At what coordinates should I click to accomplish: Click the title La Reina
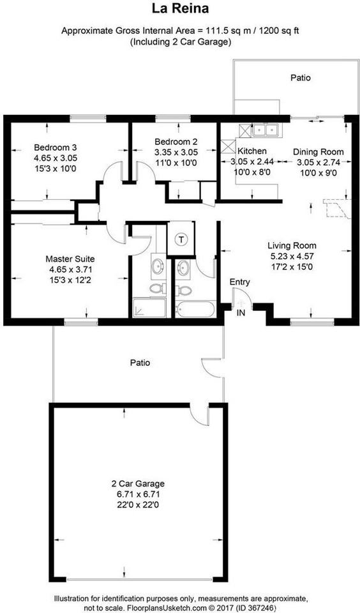pyautogui.click(x=179, y=9)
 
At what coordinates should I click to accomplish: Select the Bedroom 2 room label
pyautogui.click(x=176, y=142)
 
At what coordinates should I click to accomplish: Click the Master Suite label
pyautogui.click(x=70, y=259)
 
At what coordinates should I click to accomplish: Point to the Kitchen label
pyautogui.click(x=251, y=151)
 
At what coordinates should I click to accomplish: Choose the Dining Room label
pyautogui.click(x=318, y=152)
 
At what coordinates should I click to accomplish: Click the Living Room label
pyautogui.click(x=292, y=245)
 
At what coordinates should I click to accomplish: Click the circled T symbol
pyautogui.click(x=181, y=240)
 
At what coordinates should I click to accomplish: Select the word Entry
pyautogui.click(x=240, y=282)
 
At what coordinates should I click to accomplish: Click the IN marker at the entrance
pyautogui.click(x=241, y=313)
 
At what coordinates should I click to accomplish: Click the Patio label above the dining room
pyautogui.click(x=301, y=78)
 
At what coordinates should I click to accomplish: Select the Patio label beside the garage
pyautogui.click(x=140, y=363)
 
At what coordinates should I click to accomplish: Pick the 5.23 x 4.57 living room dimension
pyautogui.click(x=292, y=257)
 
